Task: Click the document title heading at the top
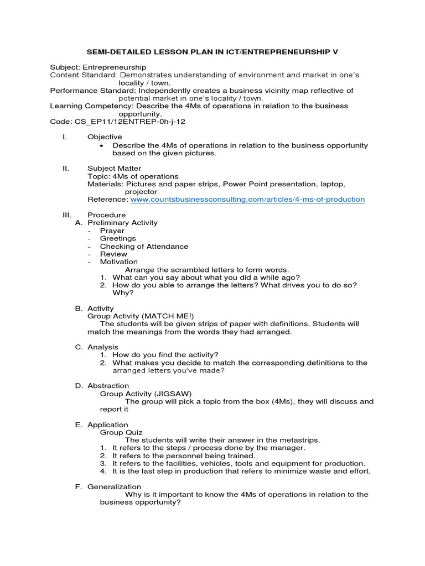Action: (212, 51)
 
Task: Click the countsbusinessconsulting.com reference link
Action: (247, 199)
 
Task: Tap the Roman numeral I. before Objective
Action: (65, 137)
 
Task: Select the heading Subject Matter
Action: (114, 168)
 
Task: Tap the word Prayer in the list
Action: (112, 230)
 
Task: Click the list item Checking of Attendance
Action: (144, 246)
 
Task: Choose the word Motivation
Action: (119, 261)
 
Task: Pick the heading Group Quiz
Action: (121, 432)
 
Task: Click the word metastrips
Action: (299, 440)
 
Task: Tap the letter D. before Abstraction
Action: (79, 386)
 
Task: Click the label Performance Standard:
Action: (92, 90)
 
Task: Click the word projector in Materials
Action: (141, 191)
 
